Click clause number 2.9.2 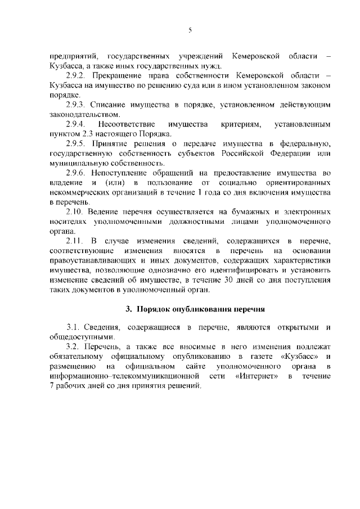pyautogui.click(x=75, y=75)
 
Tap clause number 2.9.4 pyautogui.click(x=75, y=124)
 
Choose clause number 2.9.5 pyautogui.click(x=75, y=143)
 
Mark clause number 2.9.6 pyautogui.click(x=75, y=173)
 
